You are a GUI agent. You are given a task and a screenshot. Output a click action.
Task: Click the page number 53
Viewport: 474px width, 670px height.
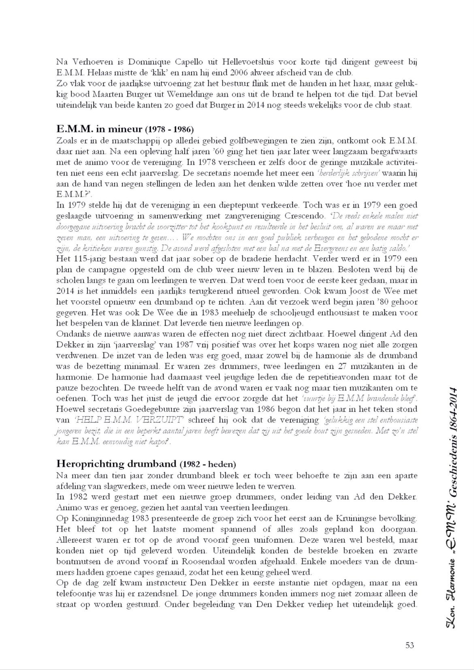coord(410,645)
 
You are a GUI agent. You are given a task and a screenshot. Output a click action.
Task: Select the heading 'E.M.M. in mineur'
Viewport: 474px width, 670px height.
coord(99,129)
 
